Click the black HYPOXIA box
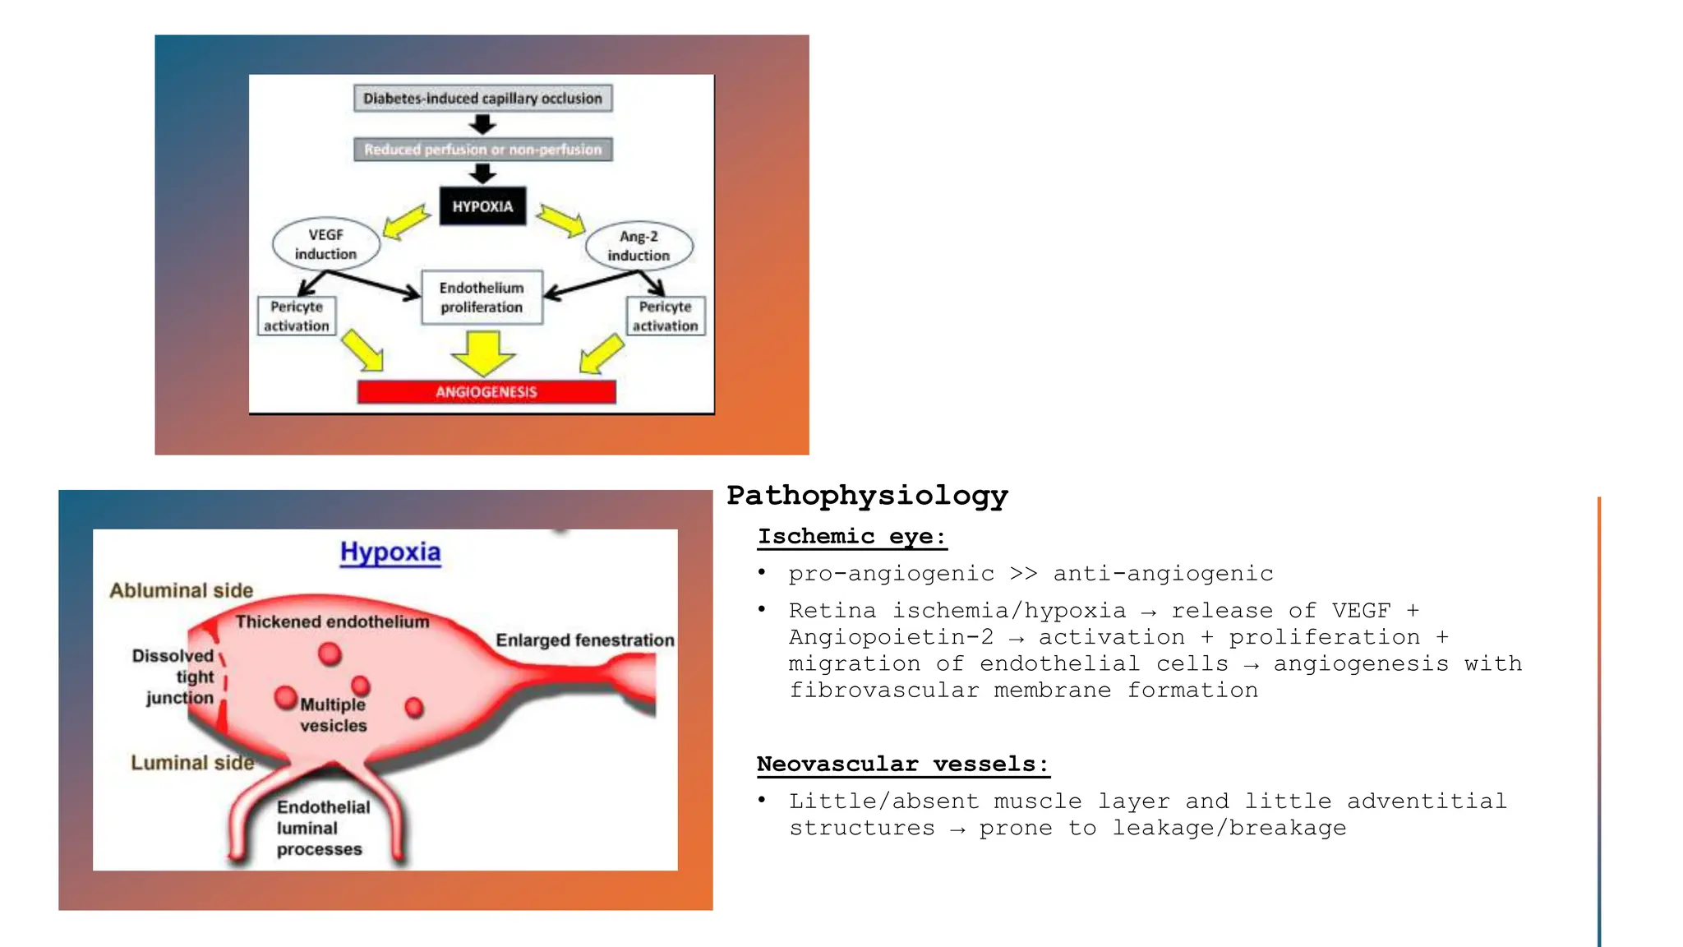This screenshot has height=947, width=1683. [x=482, y=206]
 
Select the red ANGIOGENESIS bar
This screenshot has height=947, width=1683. [x=486, y=392]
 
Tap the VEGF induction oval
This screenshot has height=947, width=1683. [x=326, y=244]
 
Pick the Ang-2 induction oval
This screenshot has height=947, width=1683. [x=639, y=246]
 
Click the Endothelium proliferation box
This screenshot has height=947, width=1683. [x=482, y=298]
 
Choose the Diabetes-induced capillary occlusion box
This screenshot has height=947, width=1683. [x=482, y=99]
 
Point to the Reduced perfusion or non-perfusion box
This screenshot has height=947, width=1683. [x=482, y=150]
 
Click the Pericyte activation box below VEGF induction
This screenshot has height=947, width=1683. [x=297, y=316]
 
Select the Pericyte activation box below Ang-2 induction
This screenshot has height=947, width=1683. [x=665, y=316]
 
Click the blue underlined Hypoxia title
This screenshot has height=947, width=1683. [x=390, y=552]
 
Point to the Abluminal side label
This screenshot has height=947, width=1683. [x=182, y=590]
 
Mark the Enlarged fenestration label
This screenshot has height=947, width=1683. [x=584, y=640]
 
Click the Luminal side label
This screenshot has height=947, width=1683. [x=192, y=763]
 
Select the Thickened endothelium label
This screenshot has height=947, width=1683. [x=332, y=622]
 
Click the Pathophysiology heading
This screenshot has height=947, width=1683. [x=867, y=496]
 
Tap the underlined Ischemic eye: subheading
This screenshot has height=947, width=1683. [x=851, y=537]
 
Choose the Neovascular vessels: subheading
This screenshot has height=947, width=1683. [x=902, y=765]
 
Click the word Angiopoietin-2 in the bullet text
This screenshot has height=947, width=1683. [x=891, y=638]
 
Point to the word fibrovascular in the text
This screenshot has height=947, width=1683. [x=883, y=691]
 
